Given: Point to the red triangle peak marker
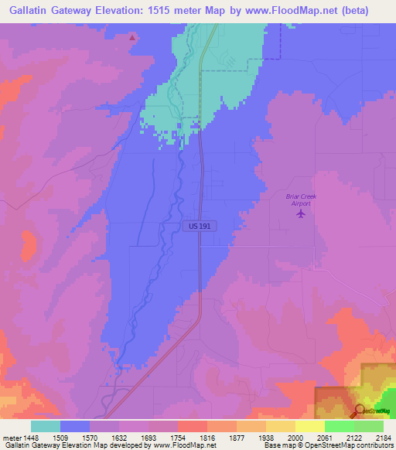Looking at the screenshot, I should point(133,37).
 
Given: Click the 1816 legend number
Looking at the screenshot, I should point(207,438).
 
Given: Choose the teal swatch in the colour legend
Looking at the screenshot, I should point(46,426).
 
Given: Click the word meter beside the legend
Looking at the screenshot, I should point(11,438).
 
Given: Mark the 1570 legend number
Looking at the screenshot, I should point(89,438).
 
